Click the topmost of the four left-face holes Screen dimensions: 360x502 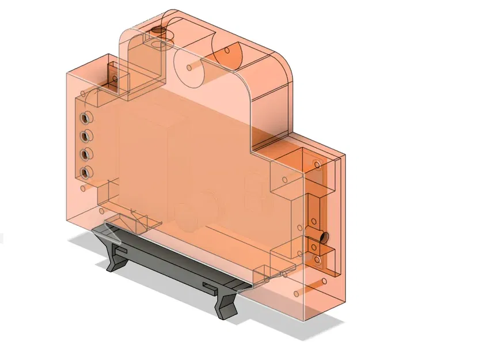[x=86, y=118]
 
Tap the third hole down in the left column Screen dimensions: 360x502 [x=86, y=154]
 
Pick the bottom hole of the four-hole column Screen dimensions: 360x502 [x=86, y=172]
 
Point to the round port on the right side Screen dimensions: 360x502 [x=323, y=237]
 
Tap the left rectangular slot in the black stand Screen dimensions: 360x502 [x=120, y=251]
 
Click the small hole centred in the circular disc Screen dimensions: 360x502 [x=189, y=67]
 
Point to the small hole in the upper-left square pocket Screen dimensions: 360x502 [x=112, y=77]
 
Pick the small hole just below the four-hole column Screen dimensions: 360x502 [x=85, y=189]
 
